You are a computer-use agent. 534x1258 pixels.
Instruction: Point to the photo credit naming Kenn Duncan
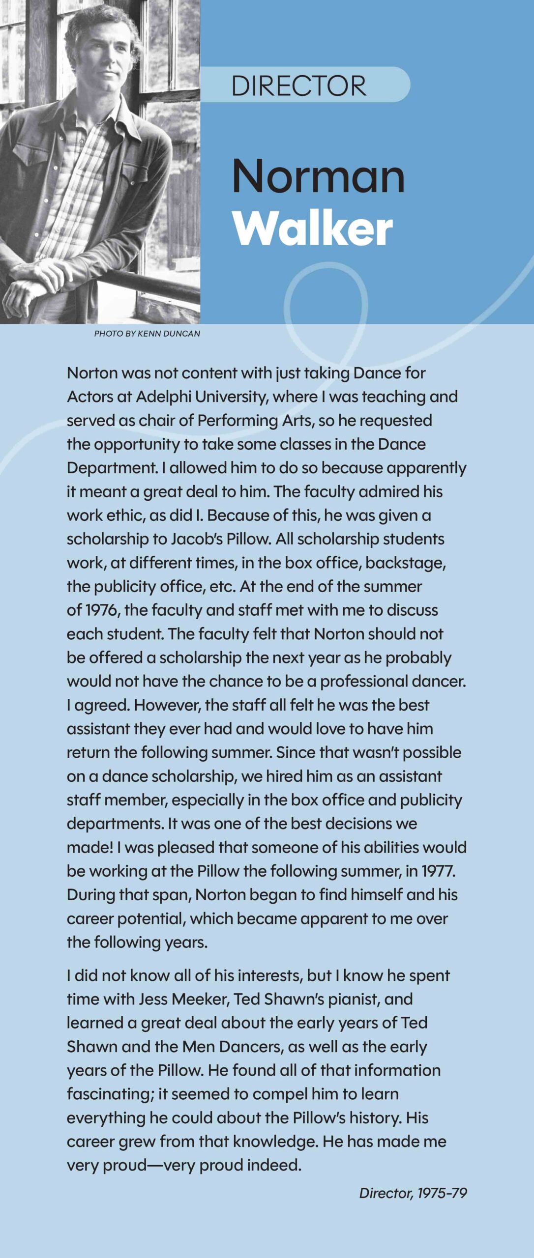[147, 334]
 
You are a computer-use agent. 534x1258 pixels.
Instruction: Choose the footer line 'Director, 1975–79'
[413, 1193]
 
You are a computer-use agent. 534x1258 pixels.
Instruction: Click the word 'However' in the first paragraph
[167, 705]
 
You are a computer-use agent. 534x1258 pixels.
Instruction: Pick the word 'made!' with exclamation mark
[90, 847]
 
